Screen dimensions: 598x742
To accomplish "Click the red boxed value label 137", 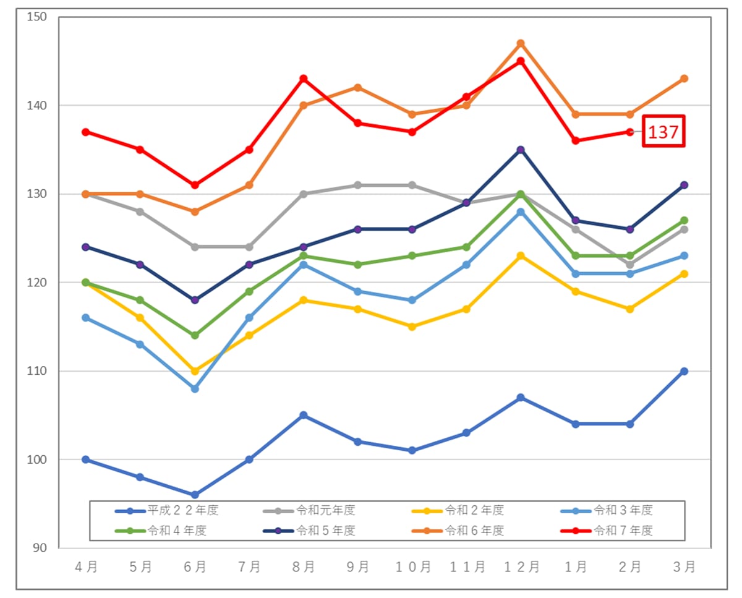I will (x=663, y=131).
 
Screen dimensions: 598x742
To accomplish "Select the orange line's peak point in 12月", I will (x=521, y=43).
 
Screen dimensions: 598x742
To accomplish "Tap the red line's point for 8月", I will (x=304, y=79).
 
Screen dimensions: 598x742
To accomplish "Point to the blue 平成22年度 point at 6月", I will (x=195, y=495).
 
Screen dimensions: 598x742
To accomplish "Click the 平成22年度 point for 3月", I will (x=684, y=371).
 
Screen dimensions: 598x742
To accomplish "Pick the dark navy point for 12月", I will (x=521, y=150).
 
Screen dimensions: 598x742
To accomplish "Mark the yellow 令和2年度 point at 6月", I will (x=195, y=371).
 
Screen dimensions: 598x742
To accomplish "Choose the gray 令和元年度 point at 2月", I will (x=629, y=265).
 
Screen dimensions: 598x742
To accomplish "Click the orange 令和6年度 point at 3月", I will (x=684, y=79).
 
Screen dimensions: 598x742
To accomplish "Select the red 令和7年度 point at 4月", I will (x=86, y=132).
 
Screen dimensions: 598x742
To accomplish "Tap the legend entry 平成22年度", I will (x=183, y=511).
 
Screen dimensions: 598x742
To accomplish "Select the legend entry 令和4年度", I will (x=177, y=530).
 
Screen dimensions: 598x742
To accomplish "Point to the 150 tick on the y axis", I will (x=38, y=17).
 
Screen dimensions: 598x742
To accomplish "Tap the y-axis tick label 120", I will (x=38, y=283).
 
